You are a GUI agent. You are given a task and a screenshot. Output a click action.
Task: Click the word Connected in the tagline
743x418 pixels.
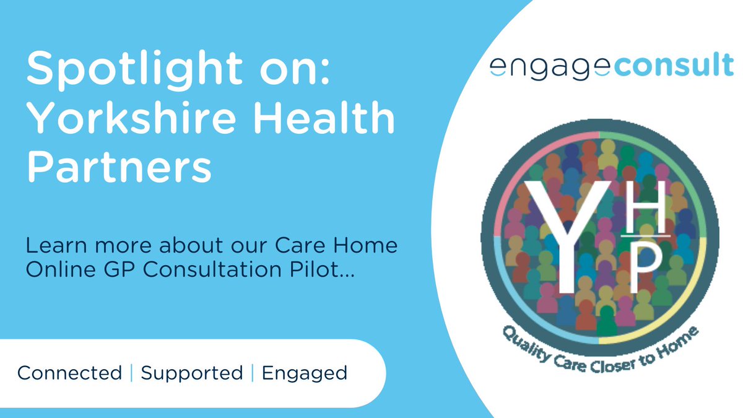point(69,373)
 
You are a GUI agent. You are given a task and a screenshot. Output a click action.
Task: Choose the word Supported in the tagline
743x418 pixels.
point(191,373)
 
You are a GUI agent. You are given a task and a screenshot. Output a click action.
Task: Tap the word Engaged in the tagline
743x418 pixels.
point(304,373)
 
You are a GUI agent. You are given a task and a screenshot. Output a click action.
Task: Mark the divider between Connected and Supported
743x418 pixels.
point(131,373)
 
